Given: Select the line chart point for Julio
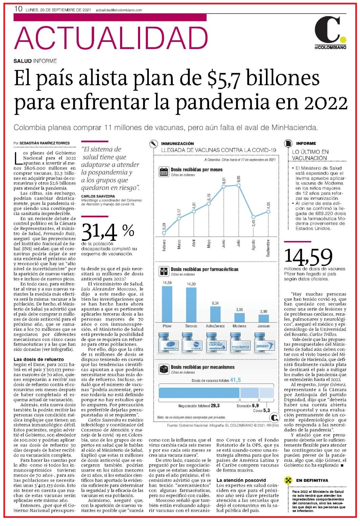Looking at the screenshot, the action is [239, 185].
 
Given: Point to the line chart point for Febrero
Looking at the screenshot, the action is [164, 233].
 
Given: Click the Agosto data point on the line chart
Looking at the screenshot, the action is [253, 217].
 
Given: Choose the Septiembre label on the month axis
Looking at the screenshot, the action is [268, 248].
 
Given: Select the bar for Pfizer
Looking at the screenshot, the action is [167, 304].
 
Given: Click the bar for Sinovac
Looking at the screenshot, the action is [191, 305].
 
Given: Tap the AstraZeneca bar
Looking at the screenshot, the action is [215, 314].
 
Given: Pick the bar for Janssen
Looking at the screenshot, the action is [264, 319].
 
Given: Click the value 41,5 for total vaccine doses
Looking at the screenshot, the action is [235, 380].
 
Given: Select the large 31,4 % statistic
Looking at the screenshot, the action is [108, 232].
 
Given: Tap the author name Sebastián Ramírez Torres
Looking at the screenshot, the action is [45, 143].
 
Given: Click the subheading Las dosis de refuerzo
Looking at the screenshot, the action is [39, 359].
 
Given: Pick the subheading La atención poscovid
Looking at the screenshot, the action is [241, 480].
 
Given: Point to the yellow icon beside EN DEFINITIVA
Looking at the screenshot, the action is [288, 480].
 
